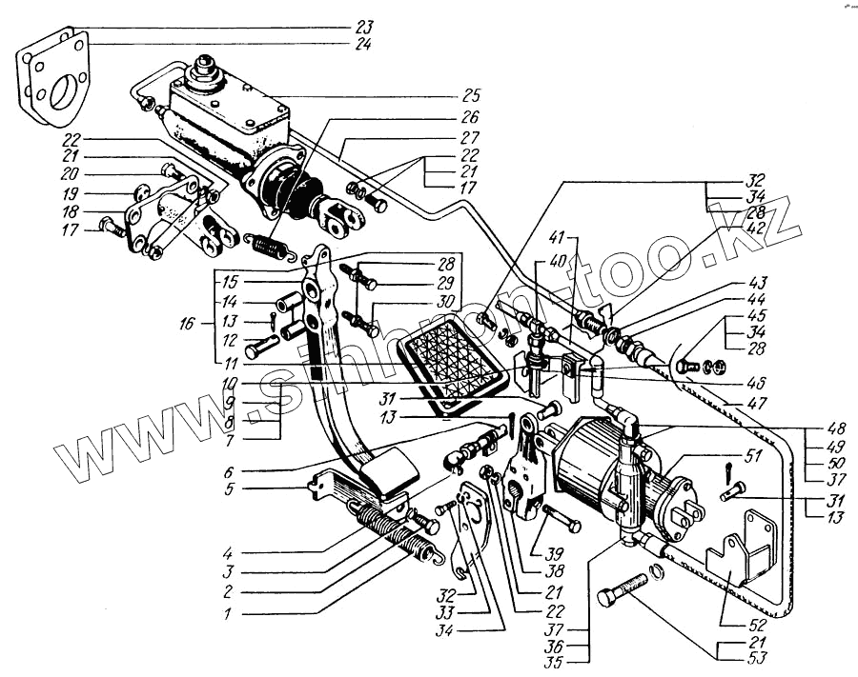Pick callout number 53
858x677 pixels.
(730, 658)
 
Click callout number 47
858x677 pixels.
(731, 405)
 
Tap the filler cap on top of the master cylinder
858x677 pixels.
(203, 70)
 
